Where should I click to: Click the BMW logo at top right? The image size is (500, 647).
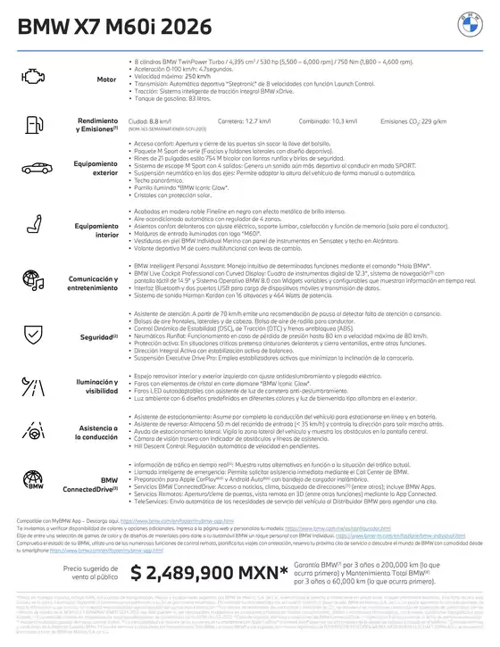coord(469,26)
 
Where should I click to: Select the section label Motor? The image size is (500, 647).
coord(107,79)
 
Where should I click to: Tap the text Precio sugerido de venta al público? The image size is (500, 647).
coord(83,574)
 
